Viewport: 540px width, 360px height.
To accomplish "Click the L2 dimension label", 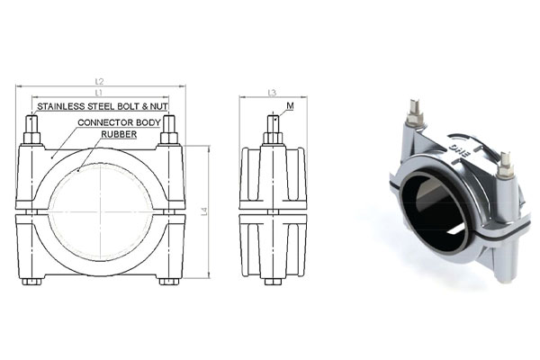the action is (x=99, y=82).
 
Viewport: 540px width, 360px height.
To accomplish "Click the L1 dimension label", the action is (x=99, y=93).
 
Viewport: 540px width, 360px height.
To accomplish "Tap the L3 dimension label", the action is (x=272, y=93).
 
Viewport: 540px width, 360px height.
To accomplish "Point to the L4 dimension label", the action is (x=204, y=211).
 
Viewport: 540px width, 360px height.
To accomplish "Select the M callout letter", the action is (x=290, y=106).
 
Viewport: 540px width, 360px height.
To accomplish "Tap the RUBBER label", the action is (x=119, y=134).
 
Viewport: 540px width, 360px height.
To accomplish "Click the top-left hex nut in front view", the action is (x=31, y=138).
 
